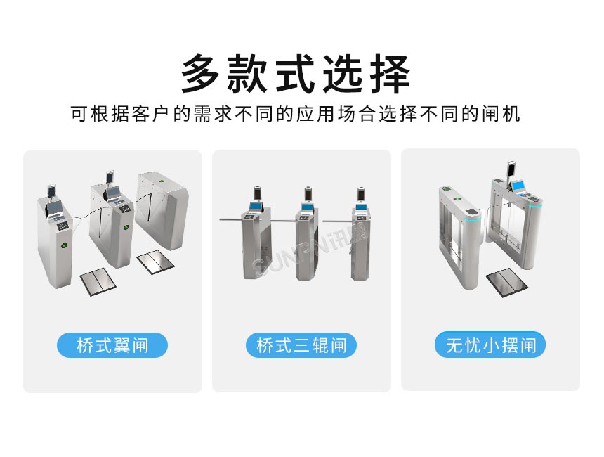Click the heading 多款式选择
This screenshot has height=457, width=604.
[x=296, y=73]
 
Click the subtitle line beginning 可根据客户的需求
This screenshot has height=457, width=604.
[x=296, y=114]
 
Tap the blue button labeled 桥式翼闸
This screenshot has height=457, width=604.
[x=112, y=345]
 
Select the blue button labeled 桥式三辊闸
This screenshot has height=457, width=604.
[x=301, y=345]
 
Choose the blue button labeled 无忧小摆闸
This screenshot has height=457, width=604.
[x=490, y=345]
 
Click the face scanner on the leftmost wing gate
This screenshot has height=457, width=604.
[x=51, y=191]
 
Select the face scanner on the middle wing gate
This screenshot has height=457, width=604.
[x=110, y=176]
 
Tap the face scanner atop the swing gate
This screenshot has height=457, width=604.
[x=511, y=169]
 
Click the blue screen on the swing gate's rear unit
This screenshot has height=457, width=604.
[x=518, y=186]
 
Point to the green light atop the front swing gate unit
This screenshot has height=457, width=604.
[x=445, y=191]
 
